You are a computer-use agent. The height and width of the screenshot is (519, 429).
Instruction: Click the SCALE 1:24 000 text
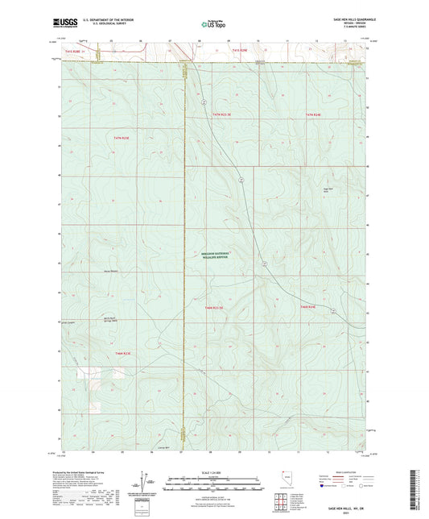(x=214, y=472)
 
